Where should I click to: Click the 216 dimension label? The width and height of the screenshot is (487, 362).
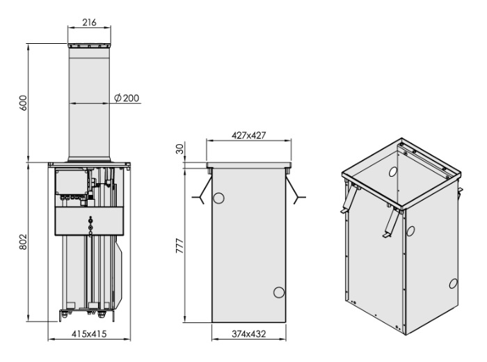pyautogui.click(x=89, y=22)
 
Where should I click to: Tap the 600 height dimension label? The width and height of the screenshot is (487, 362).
pyautogui.click(x=24, y=103)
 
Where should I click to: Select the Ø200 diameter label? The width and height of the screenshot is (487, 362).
pyautogui.click(x=127, y=98)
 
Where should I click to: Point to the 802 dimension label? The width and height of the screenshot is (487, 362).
pyautogui.click(x=24, y=242)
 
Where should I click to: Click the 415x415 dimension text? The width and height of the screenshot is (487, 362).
pyautogui.click(x=89, y=334)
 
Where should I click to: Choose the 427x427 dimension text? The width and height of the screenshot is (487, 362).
pyautogui.click(x=249, y=136)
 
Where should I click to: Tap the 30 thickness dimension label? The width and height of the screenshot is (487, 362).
pyautogui.click(x=179, y=149)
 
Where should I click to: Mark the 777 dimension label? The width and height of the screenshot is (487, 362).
pyautogui.click(x=179, y=246)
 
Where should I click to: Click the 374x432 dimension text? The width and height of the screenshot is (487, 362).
pyautogui.click(x=249, y=334)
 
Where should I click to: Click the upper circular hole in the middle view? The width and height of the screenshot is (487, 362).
pyautogui.click(x=218, y=198)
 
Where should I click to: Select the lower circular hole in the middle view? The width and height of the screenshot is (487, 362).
pyautogui.click(x=278, y=292)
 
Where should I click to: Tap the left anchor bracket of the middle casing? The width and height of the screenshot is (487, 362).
pyautogui.click(x=202, y=189)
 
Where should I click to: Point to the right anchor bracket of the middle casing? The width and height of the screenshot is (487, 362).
pyautogui.click(x=296, y=189)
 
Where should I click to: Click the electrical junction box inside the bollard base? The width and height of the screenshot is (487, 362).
pyautogui.click(x=72, y=182)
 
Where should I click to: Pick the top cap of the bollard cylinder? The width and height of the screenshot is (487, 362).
pyautogui.click(x=89, y=46)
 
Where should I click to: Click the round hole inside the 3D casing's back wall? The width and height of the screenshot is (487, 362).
pyautogui.click(x=393, y=171)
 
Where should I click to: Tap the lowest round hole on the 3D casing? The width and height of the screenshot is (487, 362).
pyautogui.click(x=453, y=283)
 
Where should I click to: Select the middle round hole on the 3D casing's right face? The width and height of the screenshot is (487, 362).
pyautogui.click(x=410, y=231)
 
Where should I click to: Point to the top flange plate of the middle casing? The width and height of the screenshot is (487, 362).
pyautogui.click(x=249, y=165)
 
